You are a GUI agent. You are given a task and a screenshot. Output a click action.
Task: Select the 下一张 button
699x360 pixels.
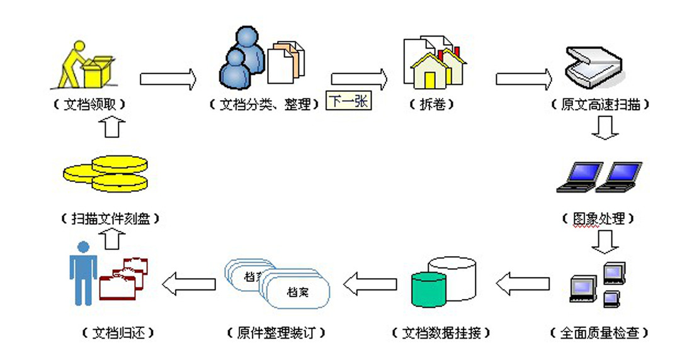348,101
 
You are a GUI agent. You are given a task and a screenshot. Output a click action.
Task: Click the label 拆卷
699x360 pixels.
435,105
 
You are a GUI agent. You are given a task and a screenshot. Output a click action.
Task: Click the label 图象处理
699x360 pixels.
598,219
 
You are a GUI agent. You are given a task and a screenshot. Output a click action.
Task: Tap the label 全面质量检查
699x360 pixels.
599,332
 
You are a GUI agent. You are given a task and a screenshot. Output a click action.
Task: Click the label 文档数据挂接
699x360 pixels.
440,332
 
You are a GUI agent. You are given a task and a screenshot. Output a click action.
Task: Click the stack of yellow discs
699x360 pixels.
107,173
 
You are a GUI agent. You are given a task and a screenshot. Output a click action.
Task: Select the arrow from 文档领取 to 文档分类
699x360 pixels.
168,79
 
